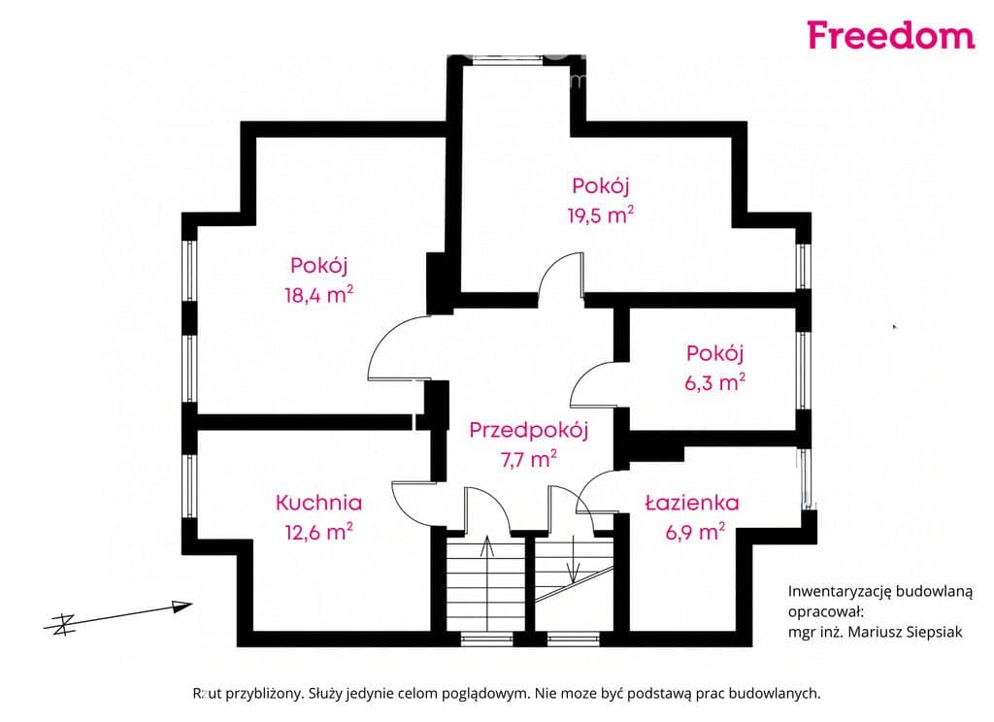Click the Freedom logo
click(891, 36)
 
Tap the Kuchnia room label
click(318, 503)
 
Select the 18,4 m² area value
click(318, 294)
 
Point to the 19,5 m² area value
click(600, 214)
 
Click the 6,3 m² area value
click(714, 381)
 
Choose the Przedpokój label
click(529, 431)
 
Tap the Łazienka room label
click(691, 503)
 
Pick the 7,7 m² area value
click(529, 458)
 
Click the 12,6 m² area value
click(318, 531)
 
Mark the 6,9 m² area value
click(695, 531)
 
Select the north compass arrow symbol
click(117, 616)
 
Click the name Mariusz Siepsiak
click(906, 632)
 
